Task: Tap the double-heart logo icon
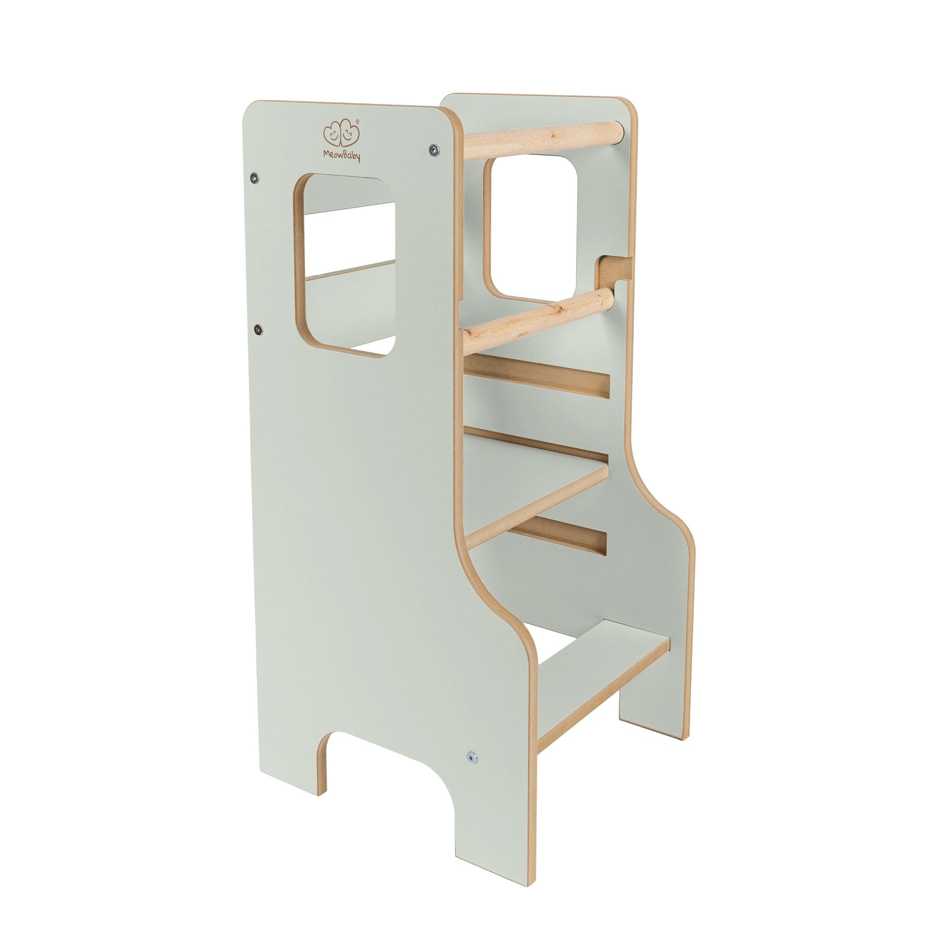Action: click(x=341, y=133)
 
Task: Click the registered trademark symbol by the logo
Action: click(x=358, y=121)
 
